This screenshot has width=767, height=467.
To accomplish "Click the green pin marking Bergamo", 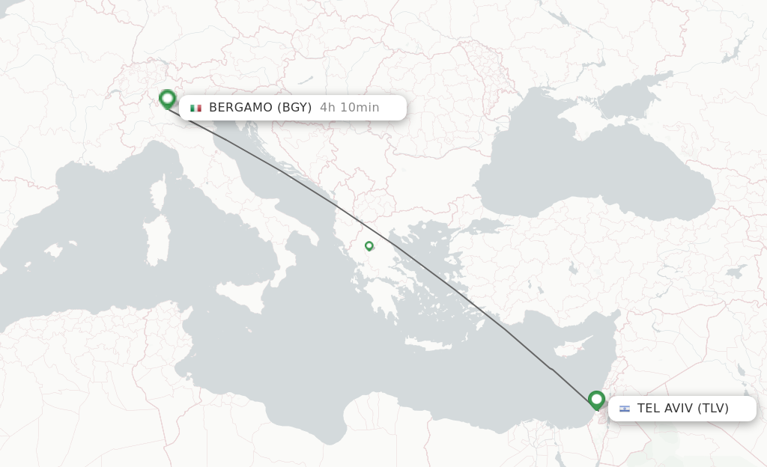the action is pos(167,99).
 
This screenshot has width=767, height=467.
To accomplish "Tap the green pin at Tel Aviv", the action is pos(596,400).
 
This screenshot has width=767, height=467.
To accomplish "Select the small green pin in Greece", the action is pos(369,245).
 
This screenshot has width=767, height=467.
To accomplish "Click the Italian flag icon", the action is pos(196,108).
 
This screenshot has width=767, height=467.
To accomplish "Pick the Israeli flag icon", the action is pos(625,409).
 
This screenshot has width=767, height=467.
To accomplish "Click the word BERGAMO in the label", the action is pos(241,108).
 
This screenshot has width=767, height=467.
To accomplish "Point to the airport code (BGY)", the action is pos(294,108).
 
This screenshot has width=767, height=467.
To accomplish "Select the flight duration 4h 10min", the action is pos(349,108).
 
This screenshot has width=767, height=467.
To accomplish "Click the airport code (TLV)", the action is pos(713,409).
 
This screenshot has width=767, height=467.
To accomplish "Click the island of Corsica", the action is pos(158,193).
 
